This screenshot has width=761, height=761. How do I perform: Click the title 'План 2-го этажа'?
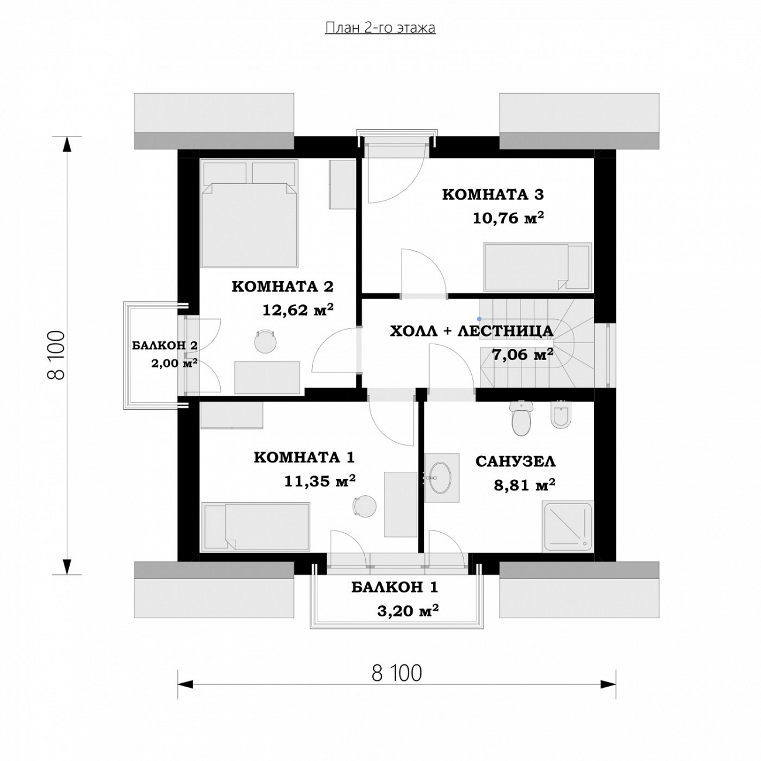(x=380, y=28)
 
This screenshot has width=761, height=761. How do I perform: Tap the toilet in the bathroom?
(x=522, y=418)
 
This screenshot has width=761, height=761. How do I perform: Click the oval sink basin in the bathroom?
(x=440, y=478)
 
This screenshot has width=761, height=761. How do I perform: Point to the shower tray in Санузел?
(x=568, y=527)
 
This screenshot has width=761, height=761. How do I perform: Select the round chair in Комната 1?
(x=365, y=506)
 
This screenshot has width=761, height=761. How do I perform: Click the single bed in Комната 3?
(x=537, y=267)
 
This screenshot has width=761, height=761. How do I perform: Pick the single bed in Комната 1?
(x=255, y=526)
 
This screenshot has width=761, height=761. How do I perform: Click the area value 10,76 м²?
(x=509, y=218)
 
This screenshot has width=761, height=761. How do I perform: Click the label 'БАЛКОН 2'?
(x=164, y=345)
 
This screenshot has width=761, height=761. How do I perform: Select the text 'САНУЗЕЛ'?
(x=515, y=461)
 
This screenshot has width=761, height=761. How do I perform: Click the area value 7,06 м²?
(x=522, y=355)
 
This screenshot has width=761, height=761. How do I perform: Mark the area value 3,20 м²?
(x=408, y=611)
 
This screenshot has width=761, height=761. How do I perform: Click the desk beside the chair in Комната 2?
(x=267, y=377)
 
